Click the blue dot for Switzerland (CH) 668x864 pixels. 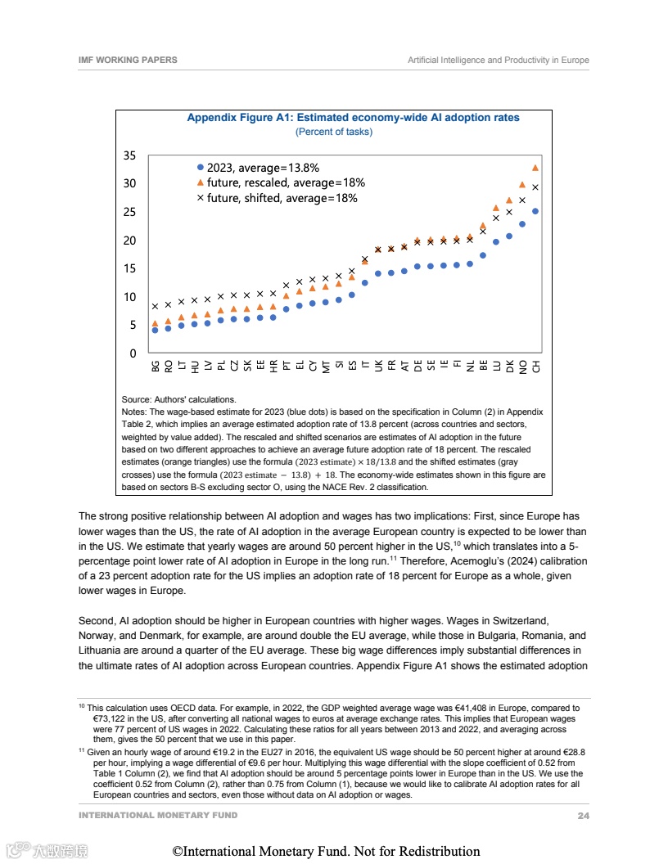coord(535,211)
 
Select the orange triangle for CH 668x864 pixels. coord(535,168)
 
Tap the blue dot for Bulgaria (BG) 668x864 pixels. coord(155,330)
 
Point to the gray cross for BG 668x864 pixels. coord(155,306)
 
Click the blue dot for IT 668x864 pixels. coord(364,283)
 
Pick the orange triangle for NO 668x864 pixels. coord(522,185)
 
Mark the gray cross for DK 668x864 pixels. coord(509,212)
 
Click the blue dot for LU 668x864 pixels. coord(496,241)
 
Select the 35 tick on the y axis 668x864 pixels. coord(129,155)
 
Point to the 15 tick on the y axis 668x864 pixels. coord(129,268)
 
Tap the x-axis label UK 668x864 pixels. coord(378,366)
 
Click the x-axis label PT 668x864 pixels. coord(287,366)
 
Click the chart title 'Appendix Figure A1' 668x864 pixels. coord(353,118)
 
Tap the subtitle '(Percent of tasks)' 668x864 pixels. coord(333,132)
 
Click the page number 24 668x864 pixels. coord(583,816)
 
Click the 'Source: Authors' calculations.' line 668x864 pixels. coord(178,399)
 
